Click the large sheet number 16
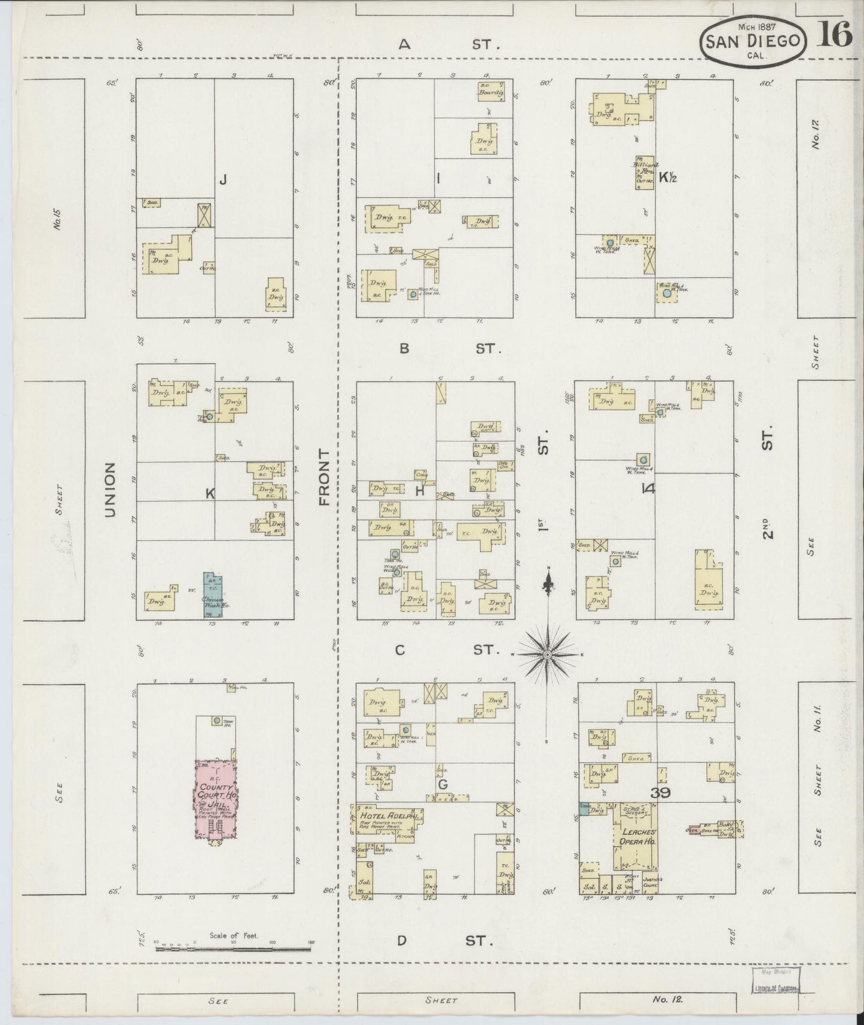click(834, 35)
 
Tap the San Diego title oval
click(753, 42)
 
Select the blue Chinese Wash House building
click(212, 596)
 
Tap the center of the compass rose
click(547, 655)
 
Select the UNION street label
click(109, 489)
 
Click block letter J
click(222, 179)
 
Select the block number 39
click(661, 793)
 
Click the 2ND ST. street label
click(768, 481)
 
